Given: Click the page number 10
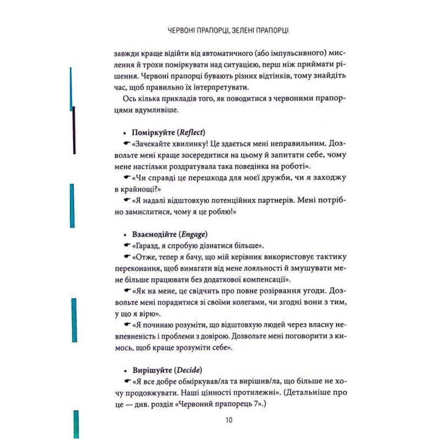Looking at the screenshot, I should click(x=229, y=420).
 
